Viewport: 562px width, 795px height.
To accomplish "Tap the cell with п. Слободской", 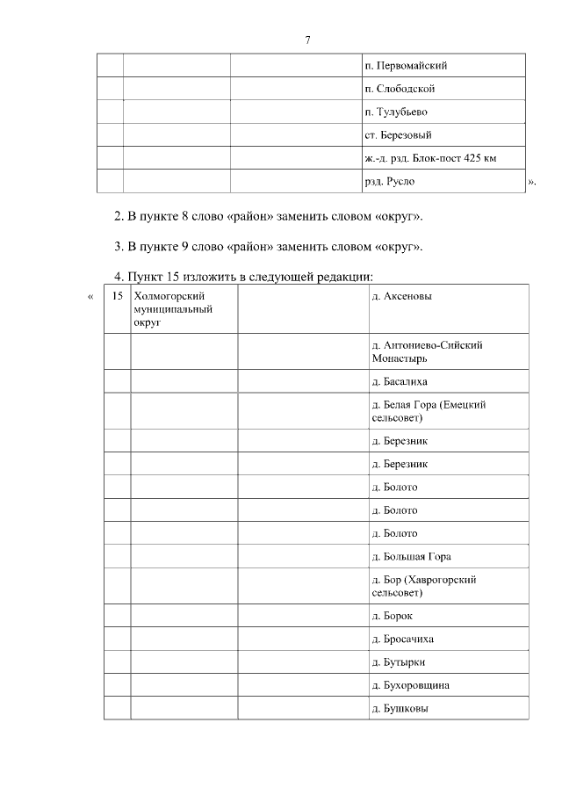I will (x=400, y=89).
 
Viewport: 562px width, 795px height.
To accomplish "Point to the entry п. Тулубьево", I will (x=395, y=112).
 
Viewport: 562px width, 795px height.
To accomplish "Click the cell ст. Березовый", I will (x=397, y=135).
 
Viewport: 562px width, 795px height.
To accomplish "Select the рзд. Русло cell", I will (x=389, y=181).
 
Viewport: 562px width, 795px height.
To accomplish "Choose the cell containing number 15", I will (x=117, y=296).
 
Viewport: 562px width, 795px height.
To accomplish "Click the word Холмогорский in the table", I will (x=169, y=296).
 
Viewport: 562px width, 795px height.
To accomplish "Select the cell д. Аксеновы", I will (x=401, y=296).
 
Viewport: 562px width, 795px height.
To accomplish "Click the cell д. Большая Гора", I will (x=411, y=556).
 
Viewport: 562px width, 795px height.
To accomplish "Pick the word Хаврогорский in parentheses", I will (x=442, y=580).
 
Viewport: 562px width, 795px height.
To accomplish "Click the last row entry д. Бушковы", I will (x=400, y=708).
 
